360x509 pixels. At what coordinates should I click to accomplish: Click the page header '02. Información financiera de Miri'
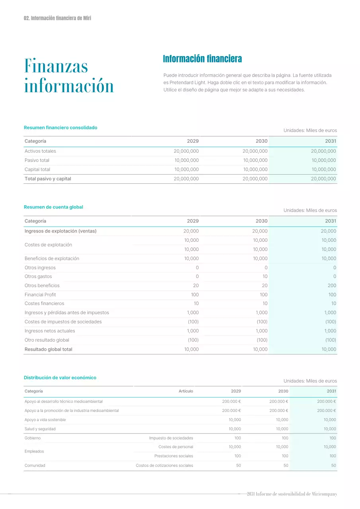(58, 18)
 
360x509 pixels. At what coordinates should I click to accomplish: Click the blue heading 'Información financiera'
(202, 59)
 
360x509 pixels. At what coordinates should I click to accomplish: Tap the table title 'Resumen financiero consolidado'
(60, 128)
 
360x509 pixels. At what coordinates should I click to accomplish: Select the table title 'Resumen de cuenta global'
(53, 207)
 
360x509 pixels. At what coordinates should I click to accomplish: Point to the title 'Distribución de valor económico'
(60, 378)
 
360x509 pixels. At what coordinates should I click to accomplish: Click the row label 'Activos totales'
(40, 151)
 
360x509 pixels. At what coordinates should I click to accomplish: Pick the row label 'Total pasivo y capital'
(48, 179)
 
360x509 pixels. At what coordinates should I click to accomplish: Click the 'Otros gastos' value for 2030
(265, 276)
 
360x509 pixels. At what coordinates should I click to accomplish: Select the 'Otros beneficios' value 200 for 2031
(332, 286)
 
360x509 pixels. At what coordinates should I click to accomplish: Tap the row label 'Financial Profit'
(40, 295)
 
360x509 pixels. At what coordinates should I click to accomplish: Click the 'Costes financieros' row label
(44, 303)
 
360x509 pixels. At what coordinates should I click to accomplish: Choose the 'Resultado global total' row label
(49, 350)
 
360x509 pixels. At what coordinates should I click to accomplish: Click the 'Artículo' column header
(186, 391)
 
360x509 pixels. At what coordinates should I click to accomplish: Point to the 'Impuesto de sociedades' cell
(171, 438)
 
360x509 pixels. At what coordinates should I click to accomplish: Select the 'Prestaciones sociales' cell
(173, 456)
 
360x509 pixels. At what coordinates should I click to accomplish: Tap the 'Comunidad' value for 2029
(238, 466)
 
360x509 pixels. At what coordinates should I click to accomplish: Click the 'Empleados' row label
(34, 452)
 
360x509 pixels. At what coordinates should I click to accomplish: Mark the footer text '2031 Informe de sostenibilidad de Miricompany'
(292, 494)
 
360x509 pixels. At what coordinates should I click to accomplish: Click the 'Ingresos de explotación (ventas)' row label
(60, 231)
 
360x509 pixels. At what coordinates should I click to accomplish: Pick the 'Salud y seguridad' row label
(40, 429)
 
